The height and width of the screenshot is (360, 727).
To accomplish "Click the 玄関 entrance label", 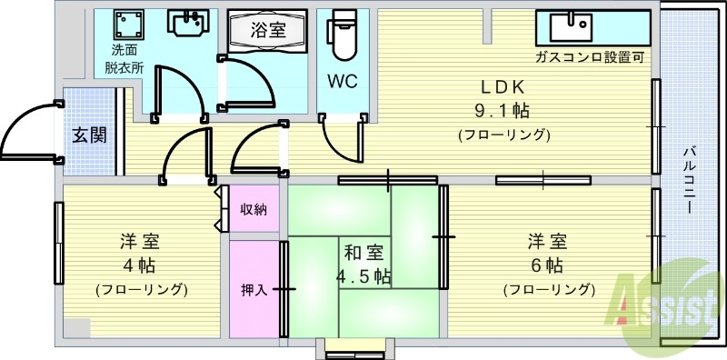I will click(89, 135).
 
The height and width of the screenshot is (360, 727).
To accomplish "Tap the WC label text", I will click(342, 81).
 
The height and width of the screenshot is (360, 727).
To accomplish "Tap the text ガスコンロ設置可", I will click(590, 56).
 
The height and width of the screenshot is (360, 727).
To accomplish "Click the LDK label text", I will click(503, 87).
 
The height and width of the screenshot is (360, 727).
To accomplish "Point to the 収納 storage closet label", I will click(254, 210).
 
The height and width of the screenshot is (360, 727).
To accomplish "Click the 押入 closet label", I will click(254, 290).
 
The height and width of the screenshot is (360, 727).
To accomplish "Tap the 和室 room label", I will click(363, 253).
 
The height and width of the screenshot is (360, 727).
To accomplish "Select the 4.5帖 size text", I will click(363, 275).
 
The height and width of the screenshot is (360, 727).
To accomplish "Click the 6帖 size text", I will click(548, 266).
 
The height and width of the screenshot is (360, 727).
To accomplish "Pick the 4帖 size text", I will click(141, 266).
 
